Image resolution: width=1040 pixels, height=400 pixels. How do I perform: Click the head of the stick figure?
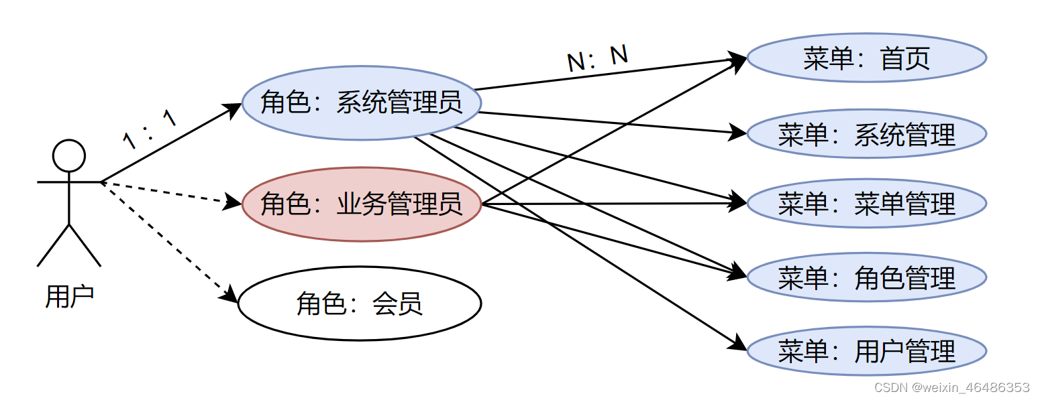click(69, 156)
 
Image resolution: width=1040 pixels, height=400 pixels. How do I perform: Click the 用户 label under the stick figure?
click(69, 295)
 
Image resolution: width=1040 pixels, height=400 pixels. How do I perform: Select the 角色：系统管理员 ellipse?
click(362, 103)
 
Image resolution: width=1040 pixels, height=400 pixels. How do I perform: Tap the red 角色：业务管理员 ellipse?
click(362, 203)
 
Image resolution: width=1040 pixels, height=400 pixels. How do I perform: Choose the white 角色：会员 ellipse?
click(360, 304)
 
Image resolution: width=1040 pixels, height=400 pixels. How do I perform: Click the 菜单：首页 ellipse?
click(866, 58)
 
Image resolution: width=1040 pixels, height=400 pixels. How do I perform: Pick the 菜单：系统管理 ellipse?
click(866, 134)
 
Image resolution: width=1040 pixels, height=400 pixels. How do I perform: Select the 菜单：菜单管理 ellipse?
click(866, 203)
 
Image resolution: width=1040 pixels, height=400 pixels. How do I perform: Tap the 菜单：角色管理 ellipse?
click(866, 277)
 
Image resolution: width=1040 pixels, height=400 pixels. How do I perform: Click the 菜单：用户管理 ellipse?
click(866, 351)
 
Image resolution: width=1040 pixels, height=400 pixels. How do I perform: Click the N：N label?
click(597, 59)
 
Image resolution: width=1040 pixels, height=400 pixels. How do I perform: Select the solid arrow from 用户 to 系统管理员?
click(168, 144)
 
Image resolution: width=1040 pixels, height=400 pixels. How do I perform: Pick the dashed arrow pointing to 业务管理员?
click(168, 192)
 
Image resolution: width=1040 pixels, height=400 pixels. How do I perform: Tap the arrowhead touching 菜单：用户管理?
click(738, 344)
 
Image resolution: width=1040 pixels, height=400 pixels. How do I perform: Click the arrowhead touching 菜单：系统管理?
click(738, 132)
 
